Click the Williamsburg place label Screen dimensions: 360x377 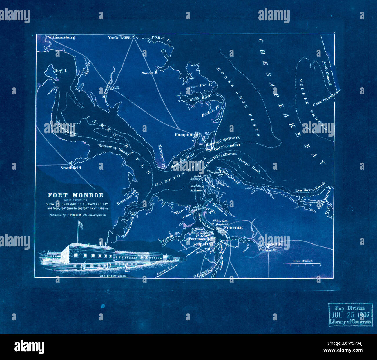[61, 37]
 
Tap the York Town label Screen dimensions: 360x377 [119, 38]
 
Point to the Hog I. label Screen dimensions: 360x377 [61, 70]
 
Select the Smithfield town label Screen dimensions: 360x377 [71, 168]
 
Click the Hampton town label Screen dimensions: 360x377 [184, 135]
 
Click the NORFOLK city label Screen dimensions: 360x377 [234, 228]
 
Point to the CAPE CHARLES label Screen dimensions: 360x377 [325, 99]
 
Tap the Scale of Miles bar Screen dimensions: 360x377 [302, 263]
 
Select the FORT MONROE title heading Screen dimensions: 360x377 [75, 195]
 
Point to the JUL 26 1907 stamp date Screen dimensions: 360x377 [351, 315]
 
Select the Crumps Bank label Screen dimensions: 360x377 [249, 166]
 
